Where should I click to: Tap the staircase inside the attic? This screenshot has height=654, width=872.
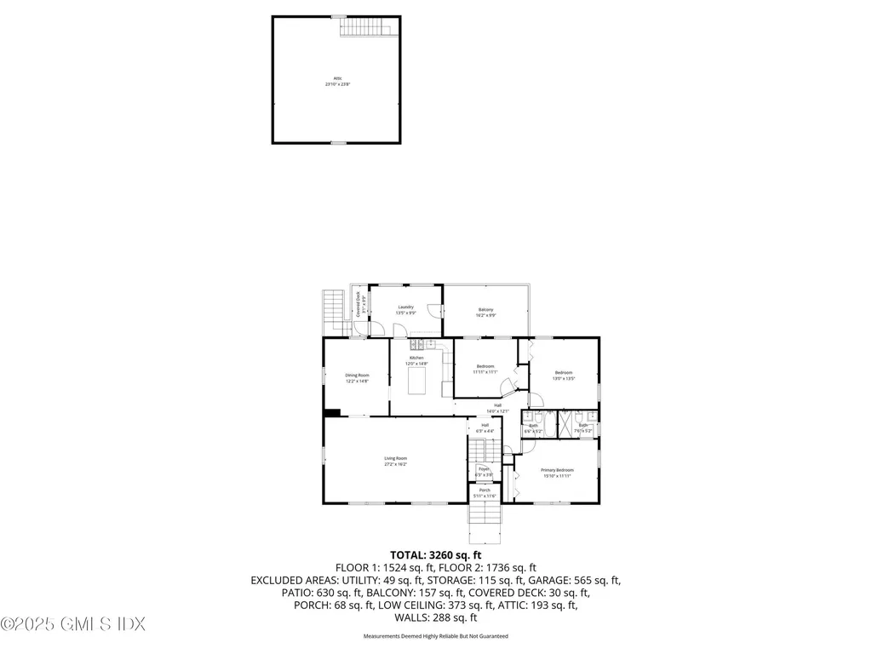369,27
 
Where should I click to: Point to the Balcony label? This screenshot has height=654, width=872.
485,313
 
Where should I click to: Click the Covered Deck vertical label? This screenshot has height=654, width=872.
359,304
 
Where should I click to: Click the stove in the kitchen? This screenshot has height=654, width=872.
417,345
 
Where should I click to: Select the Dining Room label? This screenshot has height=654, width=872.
357,378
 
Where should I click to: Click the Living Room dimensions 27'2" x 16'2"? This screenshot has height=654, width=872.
396,465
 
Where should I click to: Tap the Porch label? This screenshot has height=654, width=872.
485,493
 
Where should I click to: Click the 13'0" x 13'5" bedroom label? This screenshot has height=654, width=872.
564,376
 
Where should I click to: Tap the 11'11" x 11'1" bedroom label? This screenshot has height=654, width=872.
485,370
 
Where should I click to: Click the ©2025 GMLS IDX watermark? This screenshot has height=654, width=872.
73,624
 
